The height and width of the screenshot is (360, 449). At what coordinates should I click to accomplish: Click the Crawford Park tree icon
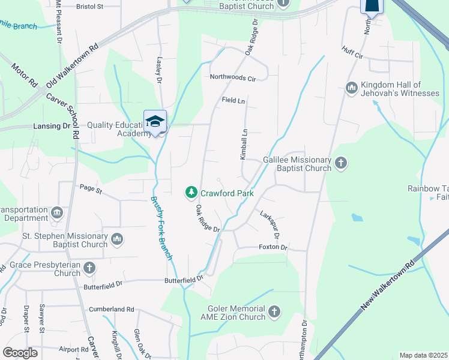[191, 192]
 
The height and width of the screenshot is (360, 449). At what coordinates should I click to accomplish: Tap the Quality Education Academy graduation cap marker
[155, 121]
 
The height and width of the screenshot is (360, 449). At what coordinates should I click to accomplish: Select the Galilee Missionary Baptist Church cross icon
[341, 163]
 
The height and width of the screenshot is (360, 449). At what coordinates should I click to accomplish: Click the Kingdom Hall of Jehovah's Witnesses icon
[352, 89]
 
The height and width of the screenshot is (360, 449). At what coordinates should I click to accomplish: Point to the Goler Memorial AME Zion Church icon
[274, 311]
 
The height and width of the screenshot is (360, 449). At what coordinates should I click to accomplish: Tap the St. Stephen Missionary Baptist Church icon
[117, 239]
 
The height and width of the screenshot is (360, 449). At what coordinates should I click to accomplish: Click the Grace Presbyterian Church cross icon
[89, 267]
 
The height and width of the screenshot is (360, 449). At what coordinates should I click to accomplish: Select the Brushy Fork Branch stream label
[162, 229]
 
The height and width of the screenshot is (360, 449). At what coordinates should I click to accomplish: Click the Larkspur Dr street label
[270, 223]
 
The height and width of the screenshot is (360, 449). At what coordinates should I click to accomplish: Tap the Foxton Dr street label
[273, 247]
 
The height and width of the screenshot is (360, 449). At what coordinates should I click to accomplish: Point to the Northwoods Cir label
[233, 77]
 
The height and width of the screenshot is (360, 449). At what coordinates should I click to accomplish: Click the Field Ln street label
[234, 101]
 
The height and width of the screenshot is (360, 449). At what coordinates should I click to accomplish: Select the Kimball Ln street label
[244, 145]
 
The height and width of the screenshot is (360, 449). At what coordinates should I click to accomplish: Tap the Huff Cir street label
[352, 52]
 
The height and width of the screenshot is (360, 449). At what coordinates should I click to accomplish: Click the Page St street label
[91, 190]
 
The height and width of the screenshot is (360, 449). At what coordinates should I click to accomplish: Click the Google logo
[20, 353]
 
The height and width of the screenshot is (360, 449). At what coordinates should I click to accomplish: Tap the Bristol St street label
[90, 7]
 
